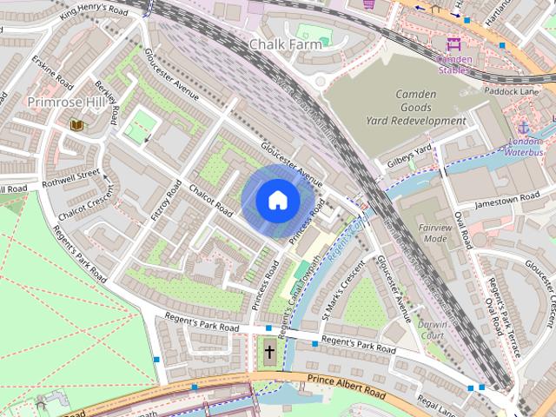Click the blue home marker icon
pyautogui.click(x=276, y=200)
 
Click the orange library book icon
pyautogui.click(x=76, y=125)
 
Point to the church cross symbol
pyautogui.click(x=270, y=353)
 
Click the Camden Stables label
pyautogui.click(x=454, y=64)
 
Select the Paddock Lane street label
pyautogui.click(x=513, y=89)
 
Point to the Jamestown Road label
pyautogui.click(x=507, y=202)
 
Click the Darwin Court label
pyautogui.click(x=431, y=329)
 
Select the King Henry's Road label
pyautogui.click(x=94, y=12)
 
